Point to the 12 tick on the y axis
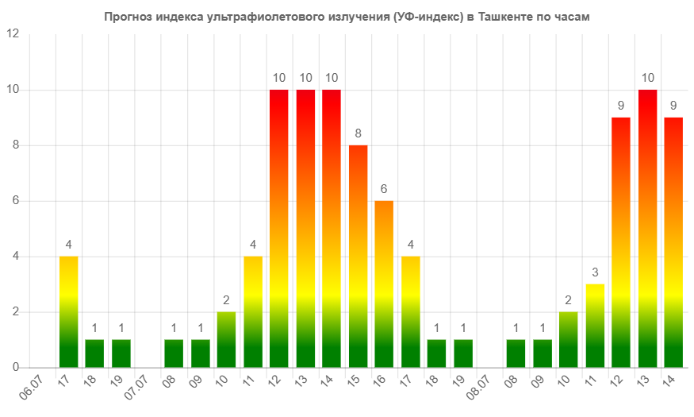(x=12, y=33)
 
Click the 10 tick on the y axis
(x=12, y=89)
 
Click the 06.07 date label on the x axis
(x=33, y=388)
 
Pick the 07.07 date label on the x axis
(x=138, y=388)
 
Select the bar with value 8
(x=358, y=256)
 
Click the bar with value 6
(x=384, y=284)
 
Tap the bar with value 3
(x=595, y=326)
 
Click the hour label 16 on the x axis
(x=381, y=382)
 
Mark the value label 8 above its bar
(x=358, y=133)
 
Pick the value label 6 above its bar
(x=384, y=189)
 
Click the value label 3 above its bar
(x=595, y=272)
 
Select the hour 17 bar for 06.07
(x=68, y=311)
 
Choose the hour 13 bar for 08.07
(x=647, y=228)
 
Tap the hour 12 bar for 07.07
(x=279, y=228)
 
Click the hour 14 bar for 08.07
(x=673, y=242)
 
